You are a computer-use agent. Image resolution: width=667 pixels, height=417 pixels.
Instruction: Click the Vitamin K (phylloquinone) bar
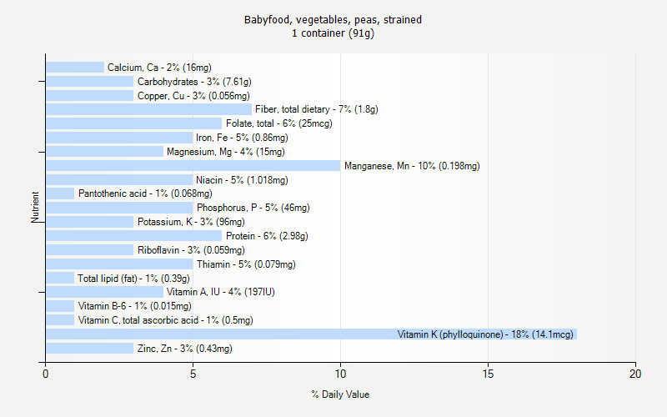pos(311,334)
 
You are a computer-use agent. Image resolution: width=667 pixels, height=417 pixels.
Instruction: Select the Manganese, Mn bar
pos(193,166)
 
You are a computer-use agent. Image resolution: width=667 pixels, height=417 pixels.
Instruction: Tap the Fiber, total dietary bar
pos(148,109)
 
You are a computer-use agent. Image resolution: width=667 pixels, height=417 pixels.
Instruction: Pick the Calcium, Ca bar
pos(75,67)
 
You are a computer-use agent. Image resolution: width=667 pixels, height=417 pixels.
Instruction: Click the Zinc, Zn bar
pos(89,349)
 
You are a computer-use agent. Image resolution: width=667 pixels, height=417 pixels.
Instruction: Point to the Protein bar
pos(133,236)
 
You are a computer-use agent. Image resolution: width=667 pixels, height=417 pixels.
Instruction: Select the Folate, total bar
pos(133,123)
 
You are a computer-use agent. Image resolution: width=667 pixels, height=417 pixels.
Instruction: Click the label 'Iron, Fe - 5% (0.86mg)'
pos(242,138)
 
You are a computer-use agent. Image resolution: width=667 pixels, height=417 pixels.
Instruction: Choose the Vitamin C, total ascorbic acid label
pos(165,320)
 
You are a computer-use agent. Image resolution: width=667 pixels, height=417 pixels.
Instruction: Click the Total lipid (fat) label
pos(133,279)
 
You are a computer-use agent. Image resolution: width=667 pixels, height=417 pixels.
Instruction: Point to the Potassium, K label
pos(191,222)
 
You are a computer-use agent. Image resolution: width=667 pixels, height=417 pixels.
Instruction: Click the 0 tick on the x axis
pos(45,374)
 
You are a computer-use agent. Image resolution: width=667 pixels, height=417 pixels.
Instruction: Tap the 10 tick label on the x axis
pos(340,374)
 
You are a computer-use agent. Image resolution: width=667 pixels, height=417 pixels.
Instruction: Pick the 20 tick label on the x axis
pos(635,374)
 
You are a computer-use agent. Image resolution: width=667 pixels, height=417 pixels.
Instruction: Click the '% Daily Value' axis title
pos(340,394)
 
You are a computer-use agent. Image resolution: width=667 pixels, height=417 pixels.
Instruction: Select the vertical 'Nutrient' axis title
pos(36,208)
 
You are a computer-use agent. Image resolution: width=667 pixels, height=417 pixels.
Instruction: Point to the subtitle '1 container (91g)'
pos(333,33)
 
